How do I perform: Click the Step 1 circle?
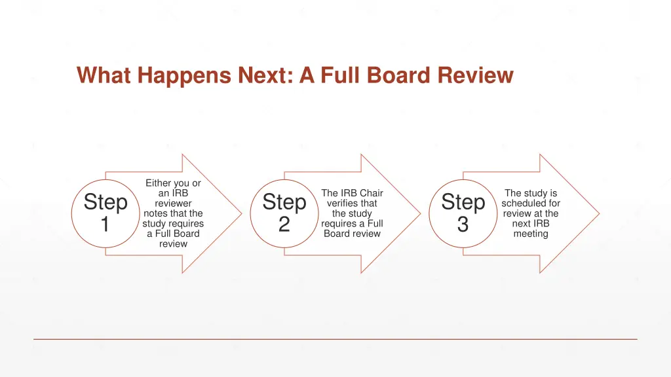pos(105,213)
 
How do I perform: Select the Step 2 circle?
pos(284,213)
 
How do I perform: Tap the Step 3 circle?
pos(463,213)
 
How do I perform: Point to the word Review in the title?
pos(475,76)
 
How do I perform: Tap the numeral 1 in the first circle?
pos(105,225)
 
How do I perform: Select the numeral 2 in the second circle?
pos(284,225)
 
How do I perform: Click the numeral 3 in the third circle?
pos(463,225)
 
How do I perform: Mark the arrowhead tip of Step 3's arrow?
pos(598,213)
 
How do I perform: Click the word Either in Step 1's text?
pos(158,183)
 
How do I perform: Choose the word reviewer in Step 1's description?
pos(173,204)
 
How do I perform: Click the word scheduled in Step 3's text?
pos(531,204)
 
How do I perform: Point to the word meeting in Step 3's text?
pos(531,234)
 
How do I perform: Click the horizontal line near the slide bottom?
pos(335,339)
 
